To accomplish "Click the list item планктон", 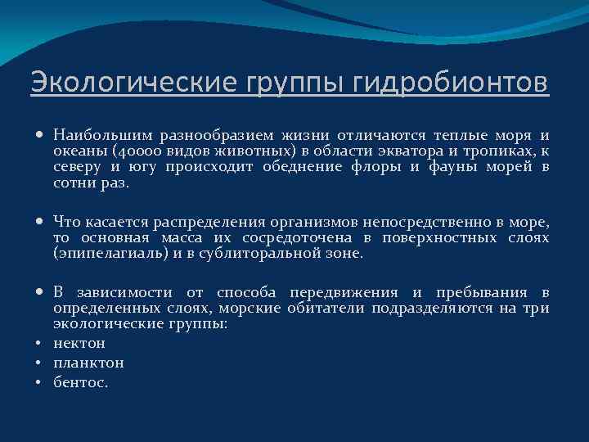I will pyautogui.click(x=88, y=363).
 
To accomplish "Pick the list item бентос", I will pyautogui.click(x=80, y=382).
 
